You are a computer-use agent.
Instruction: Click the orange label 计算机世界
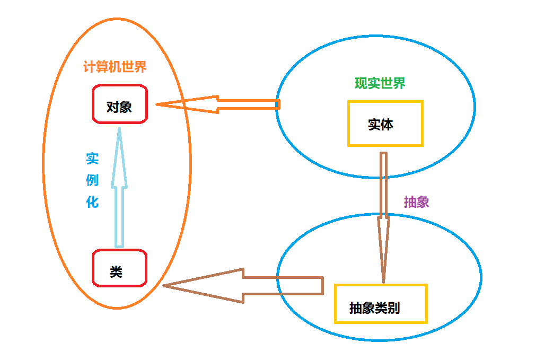(x=115, y=67)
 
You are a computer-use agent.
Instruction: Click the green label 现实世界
(x=380, y=83)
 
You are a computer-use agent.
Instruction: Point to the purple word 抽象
(x=416, y=202)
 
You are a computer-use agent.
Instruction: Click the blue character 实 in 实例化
(x=92, y=159)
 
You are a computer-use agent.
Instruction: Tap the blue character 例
(x=92, y=180)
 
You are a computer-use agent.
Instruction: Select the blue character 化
(x=92, y=202)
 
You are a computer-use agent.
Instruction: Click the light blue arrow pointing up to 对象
(x=119, y=201)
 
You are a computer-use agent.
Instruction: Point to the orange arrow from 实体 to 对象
(x=223, y=104)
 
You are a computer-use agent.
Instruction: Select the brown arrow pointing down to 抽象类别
(x=383, y=212)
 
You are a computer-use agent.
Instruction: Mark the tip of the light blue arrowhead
(x=119, y=128)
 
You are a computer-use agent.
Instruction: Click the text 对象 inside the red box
(x=119, y=108)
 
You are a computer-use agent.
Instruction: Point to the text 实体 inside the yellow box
(x=380, y=125)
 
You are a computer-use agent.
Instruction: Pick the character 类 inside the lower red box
(x=116, y=272)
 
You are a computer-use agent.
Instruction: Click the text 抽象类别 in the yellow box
(x=374, y=308)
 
